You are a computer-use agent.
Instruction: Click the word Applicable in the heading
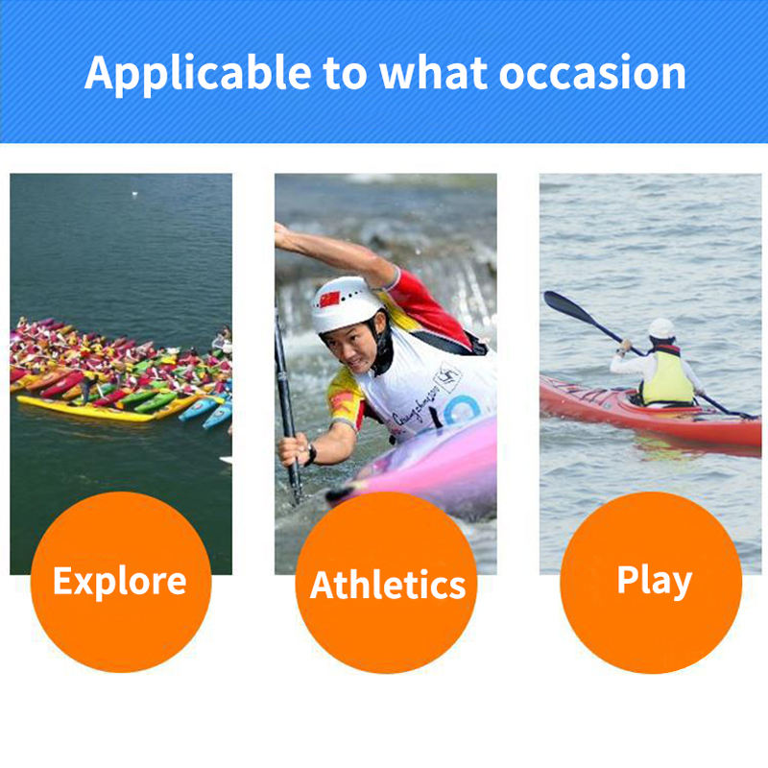click(198, 74)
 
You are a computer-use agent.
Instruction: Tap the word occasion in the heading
click(592, 74)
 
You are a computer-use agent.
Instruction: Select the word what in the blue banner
click(434, 73)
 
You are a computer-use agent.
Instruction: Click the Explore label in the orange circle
click(120, 582)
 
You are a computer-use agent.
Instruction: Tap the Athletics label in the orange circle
click(388, 585)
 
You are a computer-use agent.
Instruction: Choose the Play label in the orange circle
click(655, 582)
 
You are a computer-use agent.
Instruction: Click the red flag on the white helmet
click(329, 299)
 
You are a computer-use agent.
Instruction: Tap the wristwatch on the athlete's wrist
click(311, 454)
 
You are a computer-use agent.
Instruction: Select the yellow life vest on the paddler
click(667, 377)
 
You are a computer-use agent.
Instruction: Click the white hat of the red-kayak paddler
click(661, 328)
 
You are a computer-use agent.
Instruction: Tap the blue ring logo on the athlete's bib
click(462, 409)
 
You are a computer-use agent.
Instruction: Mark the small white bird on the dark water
click(134, 194)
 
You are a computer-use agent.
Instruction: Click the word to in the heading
click(345, 74)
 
